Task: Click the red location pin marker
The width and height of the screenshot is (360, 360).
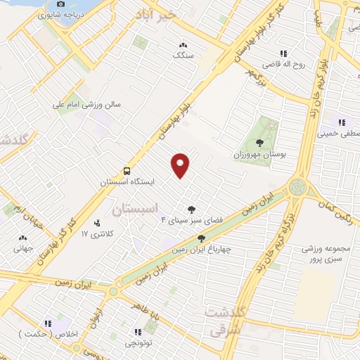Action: pyautogui.click(x=181, y=165)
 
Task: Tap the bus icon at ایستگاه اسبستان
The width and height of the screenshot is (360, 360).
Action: pyautogui.click(x=127, y=171)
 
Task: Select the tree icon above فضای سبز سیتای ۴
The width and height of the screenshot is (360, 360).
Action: pyautogui.click(x=191, y=209)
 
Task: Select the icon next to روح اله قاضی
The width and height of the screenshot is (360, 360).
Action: pyautogui.click(x=283, y=53)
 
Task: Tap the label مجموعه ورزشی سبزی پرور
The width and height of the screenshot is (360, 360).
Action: pyautogui.click(x=324, y=254)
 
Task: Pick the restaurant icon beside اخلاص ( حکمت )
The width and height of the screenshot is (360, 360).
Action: pyautogui.click(x=48, y=323)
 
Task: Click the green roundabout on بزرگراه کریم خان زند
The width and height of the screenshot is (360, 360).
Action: pyautogui.click(x=297, y=187)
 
